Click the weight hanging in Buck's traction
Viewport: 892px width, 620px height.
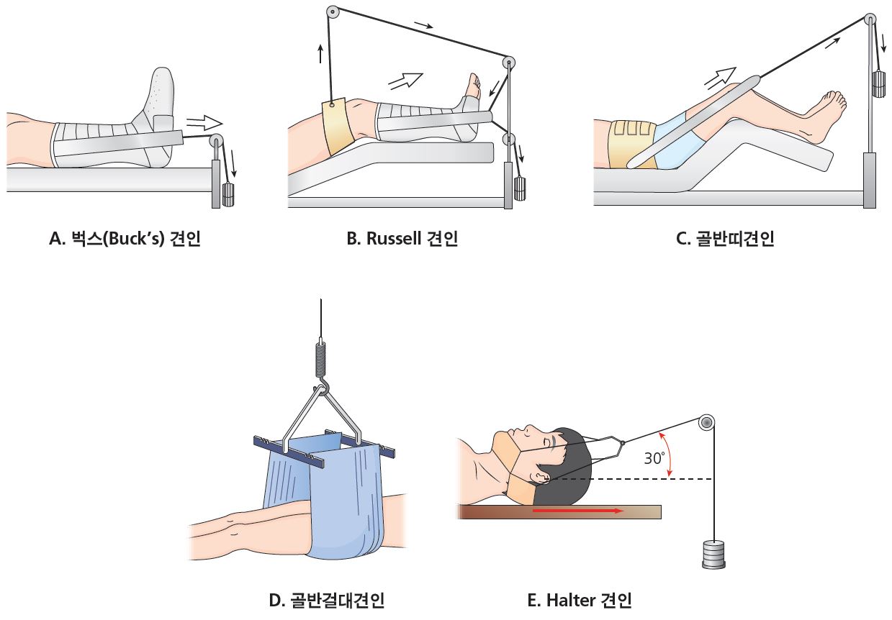(x=228, y=195)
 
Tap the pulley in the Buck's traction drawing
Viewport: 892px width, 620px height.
(x=216, y=140)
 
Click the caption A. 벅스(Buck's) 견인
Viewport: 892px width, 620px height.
(x=125, y=239)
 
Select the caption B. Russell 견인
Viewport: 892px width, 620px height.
(x=402, y=239)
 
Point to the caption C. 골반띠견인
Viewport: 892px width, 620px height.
(x=725, y=239)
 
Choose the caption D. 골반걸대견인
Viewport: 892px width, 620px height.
(x=327, y=600)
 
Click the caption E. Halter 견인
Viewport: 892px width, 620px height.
(x=580, y=600)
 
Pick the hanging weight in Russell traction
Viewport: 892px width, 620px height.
(x=520, y=189)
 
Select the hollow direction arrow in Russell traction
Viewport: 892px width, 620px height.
(x=405, y=81)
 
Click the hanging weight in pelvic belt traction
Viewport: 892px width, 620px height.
(x=880, y=84)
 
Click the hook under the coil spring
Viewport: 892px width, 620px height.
(x=323, y=387)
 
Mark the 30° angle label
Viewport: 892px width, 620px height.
(x=654, y=458)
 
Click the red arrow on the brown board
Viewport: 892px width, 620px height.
(x=578, y=511)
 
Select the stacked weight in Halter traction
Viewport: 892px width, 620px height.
(x=713, y=554)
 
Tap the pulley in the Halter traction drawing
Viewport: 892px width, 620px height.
(x=706, y=423)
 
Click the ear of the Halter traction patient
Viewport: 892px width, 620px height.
(x=542, y=475)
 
